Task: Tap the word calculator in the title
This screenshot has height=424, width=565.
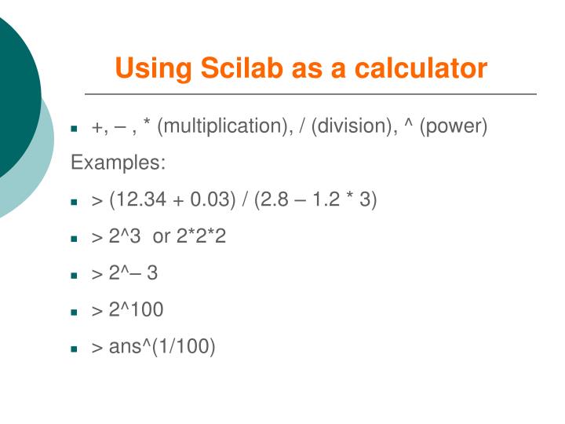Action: tap(421, 68)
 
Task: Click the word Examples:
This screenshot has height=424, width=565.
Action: tap(118, 163)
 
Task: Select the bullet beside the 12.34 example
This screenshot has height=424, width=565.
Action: tap(75, 202)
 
